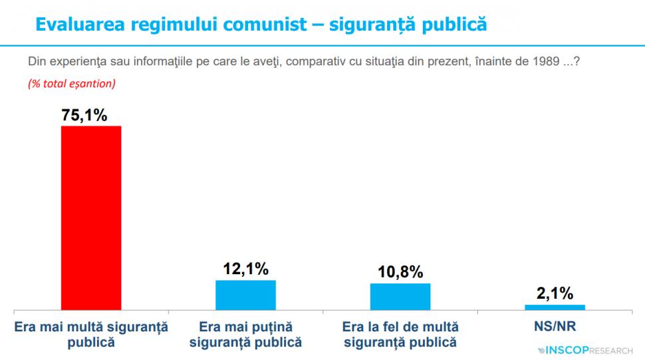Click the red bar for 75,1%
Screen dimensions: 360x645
click(x=91, y=218)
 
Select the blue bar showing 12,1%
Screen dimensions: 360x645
click(x=245, y=295)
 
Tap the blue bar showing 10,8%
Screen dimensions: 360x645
click(x=400, y=297)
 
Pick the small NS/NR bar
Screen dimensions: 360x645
click(x=555, y=307)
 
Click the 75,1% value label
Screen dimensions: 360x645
click(x=84, y=115)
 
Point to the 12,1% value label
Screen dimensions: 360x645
click(x=245, y=270)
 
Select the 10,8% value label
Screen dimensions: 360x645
click(x=400, y=273)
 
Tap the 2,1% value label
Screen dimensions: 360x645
click(x=555, y=294)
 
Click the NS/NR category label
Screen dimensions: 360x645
click(x=555, y=327)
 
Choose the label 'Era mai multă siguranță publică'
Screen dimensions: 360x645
click(x=91, y=335)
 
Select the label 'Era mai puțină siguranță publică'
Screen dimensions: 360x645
click(x=245, y=335)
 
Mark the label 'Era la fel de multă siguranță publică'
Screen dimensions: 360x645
click(x=400, y=335)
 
